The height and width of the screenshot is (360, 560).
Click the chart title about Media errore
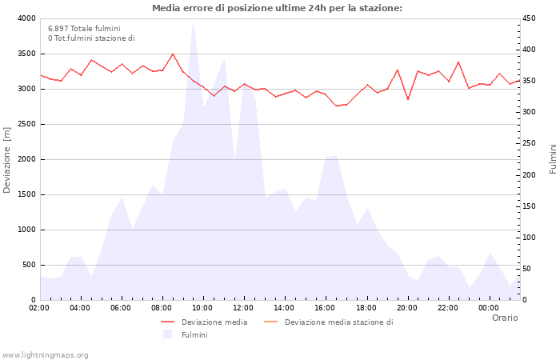277,8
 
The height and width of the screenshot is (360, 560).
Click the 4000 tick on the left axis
26,18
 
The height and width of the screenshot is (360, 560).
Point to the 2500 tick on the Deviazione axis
26,124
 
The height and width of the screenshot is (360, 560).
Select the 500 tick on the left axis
28,265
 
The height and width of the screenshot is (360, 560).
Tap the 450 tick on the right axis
530,18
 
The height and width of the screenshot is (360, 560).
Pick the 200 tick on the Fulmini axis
530,174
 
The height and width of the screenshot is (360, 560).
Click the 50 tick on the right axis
528,269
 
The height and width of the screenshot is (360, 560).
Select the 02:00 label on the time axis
39,308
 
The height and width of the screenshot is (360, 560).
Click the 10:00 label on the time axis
202,308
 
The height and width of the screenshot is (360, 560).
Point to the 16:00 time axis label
325,308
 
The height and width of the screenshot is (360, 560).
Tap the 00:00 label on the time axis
488,308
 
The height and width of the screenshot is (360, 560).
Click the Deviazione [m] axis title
7,159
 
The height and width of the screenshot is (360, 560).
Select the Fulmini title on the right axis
553,158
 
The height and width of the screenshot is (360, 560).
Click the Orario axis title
505,318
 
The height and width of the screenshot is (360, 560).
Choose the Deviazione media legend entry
214,322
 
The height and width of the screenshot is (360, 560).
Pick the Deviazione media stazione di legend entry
338,322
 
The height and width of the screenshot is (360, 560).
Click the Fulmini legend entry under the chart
194,335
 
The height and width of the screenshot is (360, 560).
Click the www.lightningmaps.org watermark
45,354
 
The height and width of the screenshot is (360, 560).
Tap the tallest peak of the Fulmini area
193,22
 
